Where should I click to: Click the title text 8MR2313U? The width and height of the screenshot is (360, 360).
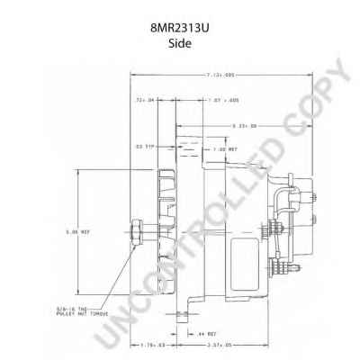pos(180,27)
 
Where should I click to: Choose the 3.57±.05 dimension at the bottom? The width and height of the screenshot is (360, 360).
pos(217,343)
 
